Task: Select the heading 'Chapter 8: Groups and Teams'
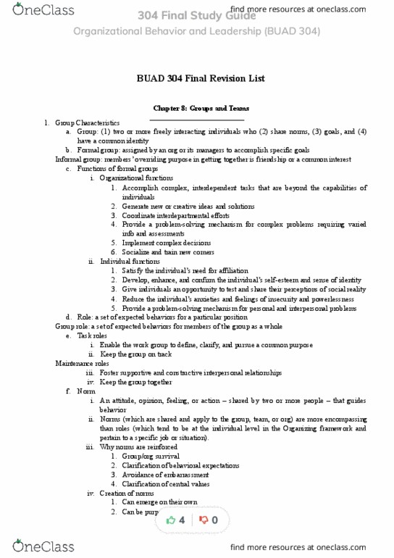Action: (197, 108)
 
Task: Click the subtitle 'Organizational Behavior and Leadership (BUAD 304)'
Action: (197, 31)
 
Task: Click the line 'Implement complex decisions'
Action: (167, 243)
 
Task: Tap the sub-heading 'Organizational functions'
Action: (136, 178)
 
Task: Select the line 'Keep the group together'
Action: (135, 382)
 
